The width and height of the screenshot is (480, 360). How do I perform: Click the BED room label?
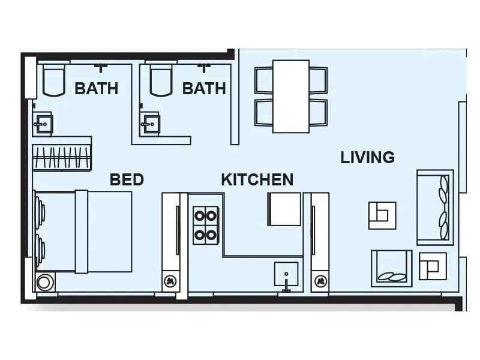(x=127, y=179)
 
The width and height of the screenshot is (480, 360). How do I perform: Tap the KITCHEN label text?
(x=257, y=179)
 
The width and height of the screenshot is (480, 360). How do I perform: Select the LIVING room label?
(x=367, y=158)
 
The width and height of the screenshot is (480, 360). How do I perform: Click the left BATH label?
(x=96, y=89)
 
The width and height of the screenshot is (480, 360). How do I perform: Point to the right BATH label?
(x=204, y=89)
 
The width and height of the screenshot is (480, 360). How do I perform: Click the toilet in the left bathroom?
(x=53, y=82)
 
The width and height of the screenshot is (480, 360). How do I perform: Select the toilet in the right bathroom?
(x=160, y=82)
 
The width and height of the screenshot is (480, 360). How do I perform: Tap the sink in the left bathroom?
(x=43, y=125)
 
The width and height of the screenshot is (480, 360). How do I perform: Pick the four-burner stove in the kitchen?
(x=205, y=225)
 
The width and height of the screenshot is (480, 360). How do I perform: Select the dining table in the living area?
(x=291, y=96)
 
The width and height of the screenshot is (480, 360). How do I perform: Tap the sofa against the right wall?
(x=435, y=207)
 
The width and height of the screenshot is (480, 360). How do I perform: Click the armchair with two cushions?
(x=392, y=268)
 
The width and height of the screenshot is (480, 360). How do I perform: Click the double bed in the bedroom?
(x=84, y=231)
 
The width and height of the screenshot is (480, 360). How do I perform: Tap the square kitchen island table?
(x=284, y=209)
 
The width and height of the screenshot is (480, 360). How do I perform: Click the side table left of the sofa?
(x=382, y=214)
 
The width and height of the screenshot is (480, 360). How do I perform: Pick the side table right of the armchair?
(x=432, y=266)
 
